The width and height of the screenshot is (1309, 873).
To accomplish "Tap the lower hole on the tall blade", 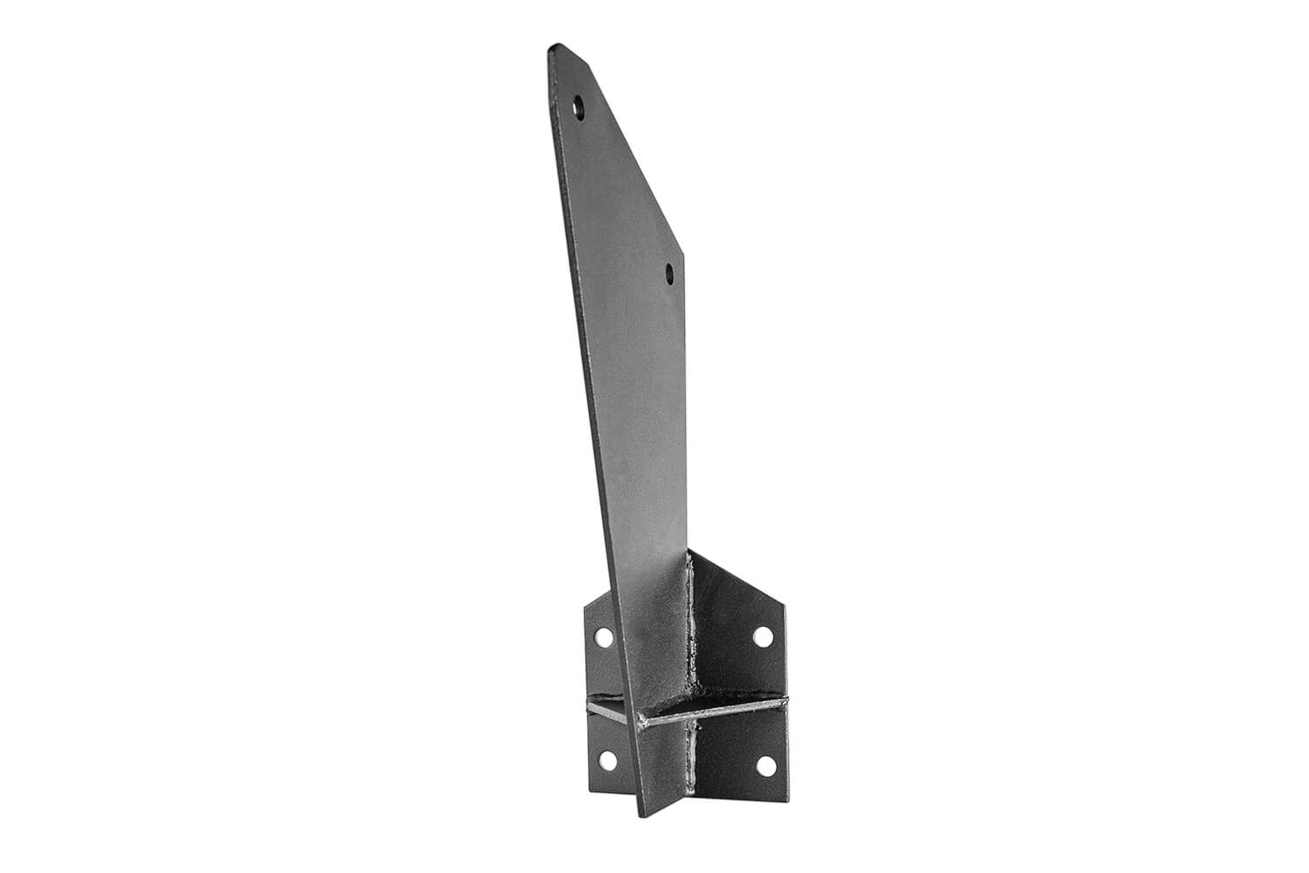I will pos(669,273).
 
